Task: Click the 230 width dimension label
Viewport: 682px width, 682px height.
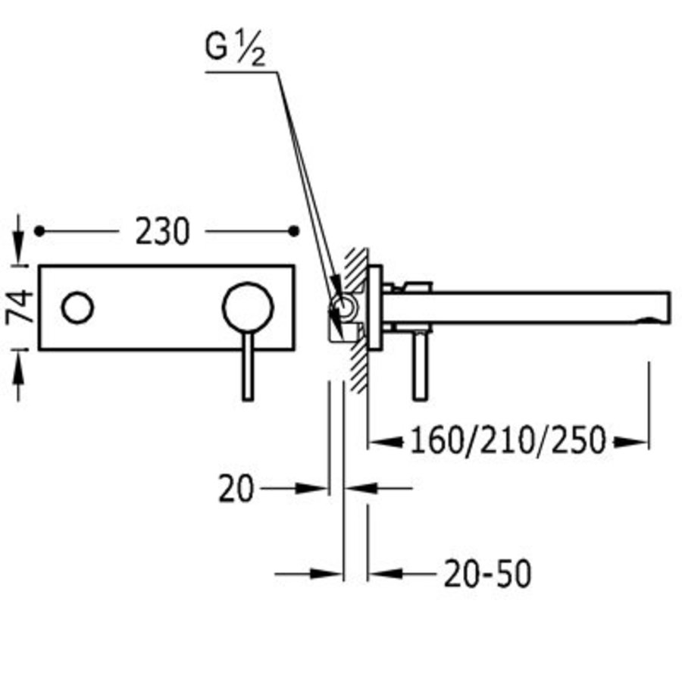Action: click(x=162, y=232)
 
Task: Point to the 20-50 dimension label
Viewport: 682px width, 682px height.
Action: click(x=487, y=575)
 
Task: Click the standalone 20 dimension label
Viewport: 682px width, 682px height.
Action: click(x=236, y=489)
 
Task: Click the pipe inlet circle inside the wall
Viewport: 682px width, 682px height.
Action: click(x=343, y=307)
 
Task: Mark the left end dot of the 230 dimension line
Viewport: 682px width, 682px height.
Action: click(x=39, y=230)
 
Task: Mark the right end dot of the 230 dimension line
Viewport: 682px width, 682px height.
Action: click(x=296, y=230)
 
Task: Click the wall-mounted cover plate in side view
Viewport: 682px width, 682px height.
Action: click(x=374, y=307)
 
